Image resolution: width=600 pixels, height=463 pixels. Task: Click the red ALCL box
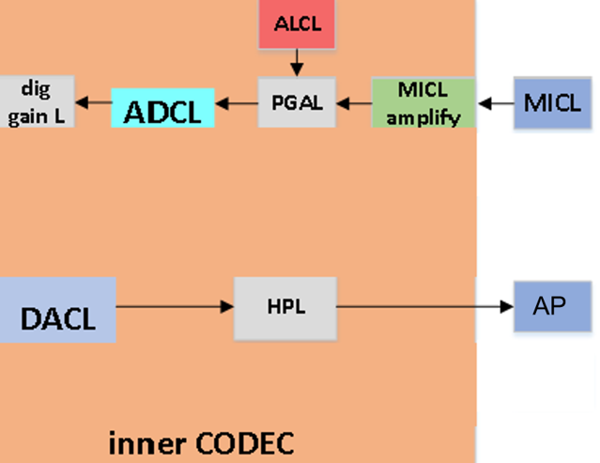[296, 23]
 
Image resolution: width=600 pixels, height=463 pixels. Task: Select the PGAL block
[297, 103]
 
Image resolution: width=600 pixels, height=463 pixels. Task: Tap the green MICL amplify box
[423, 102]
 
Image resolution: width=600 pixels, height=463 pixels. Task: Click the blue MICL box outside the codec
[552, 102]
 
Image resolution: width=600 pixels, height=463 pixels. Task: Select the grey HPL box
[284, 306]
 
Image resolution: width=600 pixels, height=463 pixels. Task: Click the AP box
[550, 307]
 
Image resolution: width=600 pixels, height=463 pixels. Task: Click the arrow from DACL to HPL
[174, 306]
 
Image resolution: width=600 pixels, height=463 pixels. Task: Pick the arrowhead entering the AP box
[507, 306]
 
